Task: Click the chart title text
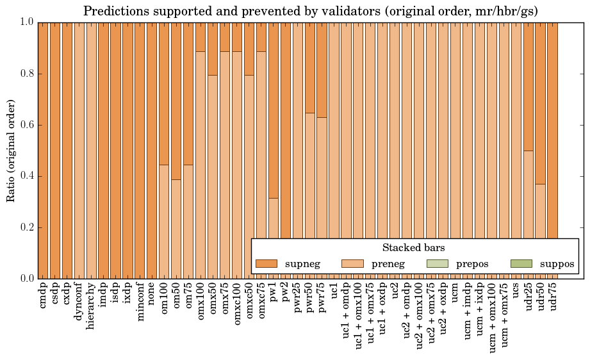(310, 11)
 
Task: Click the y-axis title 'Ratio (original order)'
(11, 151)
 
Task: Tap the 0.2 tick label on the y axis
(26, 227)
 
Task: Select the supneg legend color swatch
(266, 263)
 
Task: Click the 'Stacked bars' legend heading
(413, 247)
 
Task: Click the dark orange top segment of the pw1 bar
(274, 109)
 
